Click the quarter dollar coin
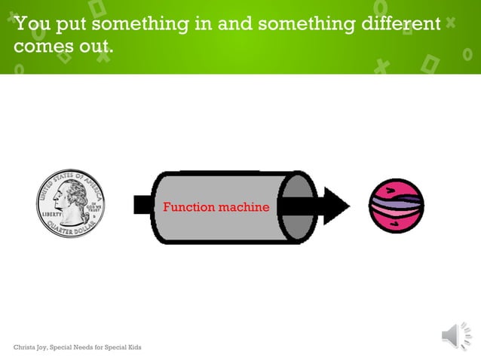[71, 203]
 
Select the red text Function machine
[216, 206]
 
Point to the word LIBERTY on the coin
[50, 214]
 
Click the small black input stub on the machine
[142, 205]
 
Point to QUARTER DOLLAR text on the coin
[71, 229]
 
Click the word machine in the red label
[243, 206]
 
